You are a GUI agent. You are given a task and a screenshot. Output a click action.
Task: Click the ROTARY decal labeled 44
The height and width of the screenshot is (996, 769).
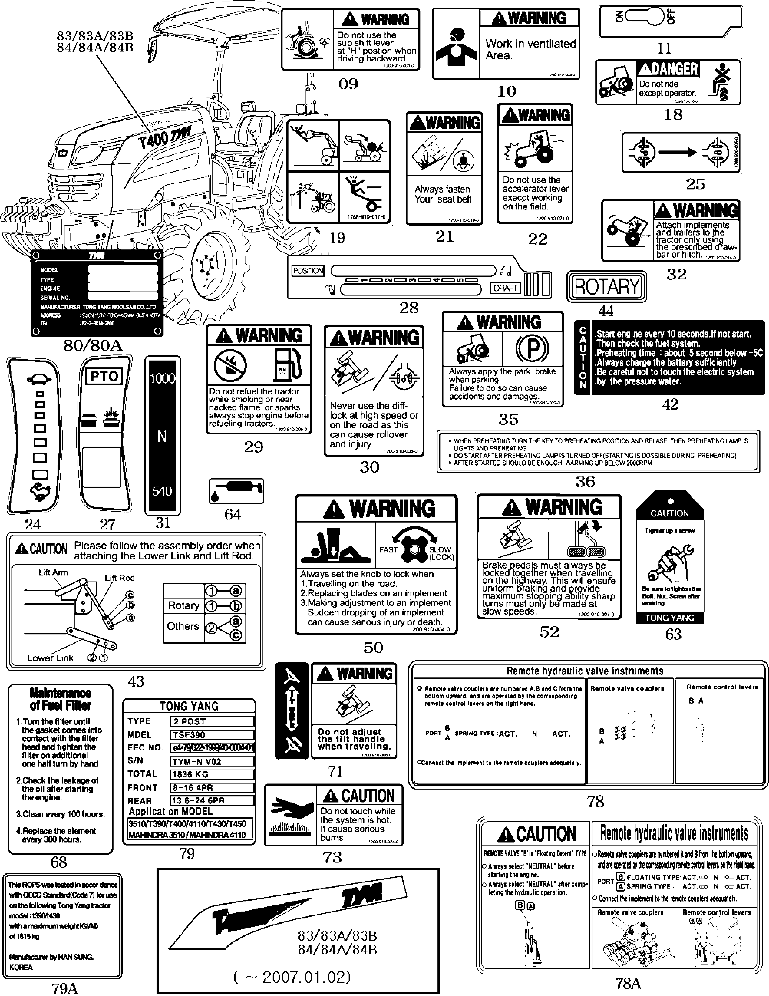click(607, 286)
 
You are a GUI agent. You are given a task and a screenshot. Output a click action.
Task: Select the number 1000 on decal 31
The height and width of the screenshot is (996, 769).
click(162, 379)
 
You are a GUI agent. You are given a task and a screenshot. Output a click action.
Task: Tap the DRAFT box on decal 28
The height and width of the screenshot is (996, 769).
click(505, 288)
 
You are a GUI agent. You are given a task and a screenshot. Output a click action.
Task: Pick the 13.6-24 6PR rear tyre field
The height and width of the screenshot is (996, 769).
click(212, 800)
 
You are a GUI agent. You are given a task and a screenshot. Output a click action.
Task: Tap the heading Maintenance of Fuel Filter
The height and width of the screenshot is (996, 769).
click(60, 699)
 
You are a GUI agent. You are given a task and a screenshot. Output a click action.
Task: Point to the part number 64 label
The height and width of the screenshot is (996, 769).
click(233, 514)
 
